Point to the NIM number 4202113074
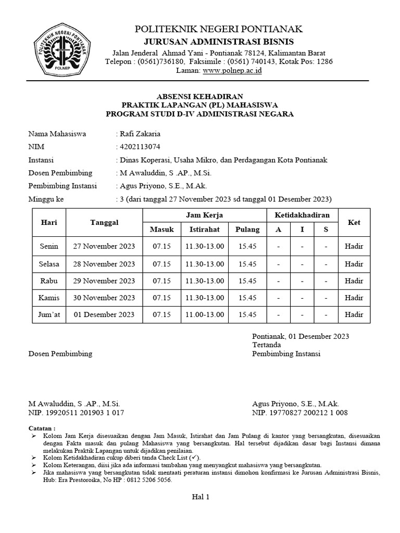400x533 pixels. click(x=140, y=147)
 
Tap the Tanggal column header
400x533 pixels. click(x=104, y=222)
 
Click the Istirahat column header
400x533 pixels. click(x=204, y=230)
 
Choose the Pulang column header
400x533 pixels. click(x=247, y=230)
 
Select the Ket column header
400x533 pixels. click(x=354, y=222)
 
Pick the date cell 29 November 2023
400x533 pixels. click(x=104, y=281)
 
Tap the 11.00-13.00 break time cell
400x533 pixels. click(x=204, y=314)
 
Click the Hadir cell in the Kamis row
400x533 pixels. click(x=354, y=298)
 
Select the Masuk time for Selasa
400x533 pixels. click(x=161, y=263)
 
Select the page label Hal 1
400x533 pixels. click(x=201, y=497)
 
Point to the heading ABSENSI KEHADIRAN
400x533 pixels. click(x=200, y=96)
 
